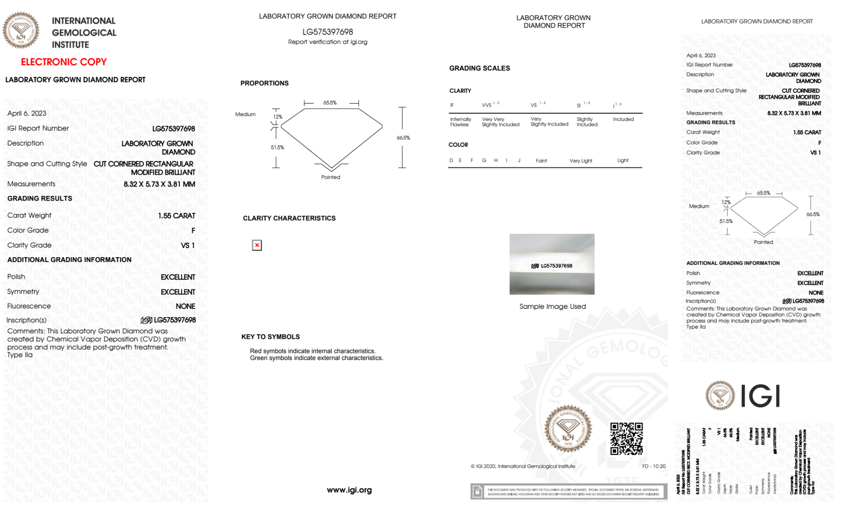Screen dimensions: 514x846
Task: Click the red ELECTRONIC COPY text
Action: (64, 62)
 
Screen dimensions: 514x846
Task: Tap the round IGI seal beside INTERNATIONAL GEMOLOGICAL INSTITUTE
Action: (21, 30)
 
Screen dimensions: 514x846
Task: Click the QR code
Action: (626, 439)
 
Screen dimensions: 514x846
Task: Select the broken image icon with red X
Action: (257, 245)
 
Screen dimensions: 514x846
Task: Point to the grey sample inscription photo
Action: (552, 264)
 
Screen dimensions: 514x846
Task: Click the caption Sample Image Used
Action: (552, 307)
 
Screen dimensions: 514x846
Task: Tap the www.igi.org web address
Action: (349, 490)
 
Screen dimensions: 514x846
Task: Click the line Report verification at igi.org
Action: (328, 42)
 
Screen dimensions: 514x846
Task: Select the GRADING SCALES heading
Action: (479, 68)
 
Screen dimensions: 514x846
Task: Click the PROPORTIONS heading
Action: (264, 83)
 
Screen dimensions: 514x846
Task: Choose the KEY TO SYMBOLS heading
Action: (271, 337)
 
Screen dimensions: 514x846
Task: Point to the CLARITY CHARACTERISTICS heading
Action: (289, 218)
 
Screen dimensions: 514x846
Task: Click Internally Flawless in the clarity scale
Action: (460, 122)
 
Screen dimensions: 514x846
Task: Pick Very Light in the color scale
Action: (580, 161)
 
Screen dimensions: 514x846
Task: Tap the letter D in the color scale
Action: (451, 160)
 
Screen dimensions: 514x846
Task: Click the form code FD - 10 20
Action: (654, 466)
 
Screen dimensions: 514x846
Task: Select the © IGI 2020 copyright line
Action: (523, 466)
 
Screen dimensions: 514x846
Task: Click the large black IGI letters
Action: (761, 396)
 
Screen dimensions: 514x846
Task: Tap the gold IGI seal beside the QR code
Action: (568, 429)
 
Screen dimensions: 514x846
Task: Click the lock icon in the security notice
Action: (477, 492)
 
